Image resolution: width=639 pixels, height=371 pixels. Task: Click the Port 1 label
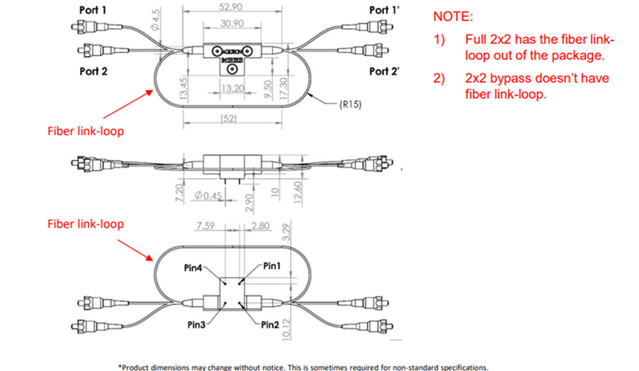click(x=91, y=11)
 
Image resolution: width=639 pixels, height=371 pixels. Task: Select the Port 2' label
click(x=384, y=71)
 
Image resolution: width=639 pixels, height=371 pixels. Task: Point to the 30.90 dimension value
click(x=230, y=23)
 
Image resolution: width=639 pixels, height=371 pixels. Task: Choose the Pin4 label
click(x=194, y=268)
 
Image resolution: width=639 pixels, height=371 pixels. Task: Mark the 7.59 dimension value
click(x=206, y=226)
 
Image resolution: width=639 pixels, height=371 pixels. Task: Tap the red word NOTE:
click(x=451, y=15)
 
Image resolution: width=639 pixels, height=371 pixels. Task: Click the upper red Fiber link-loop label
click(x=85, y=131)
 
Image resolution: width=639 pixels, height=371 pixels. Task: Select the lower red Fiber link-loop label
click(x=85, y=224)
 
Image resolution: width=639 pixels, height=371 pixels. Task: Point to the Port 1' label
click(x=384, y=11)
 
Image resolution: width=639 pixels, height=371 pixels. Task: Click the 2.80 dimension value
click(x=262, y=226)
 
